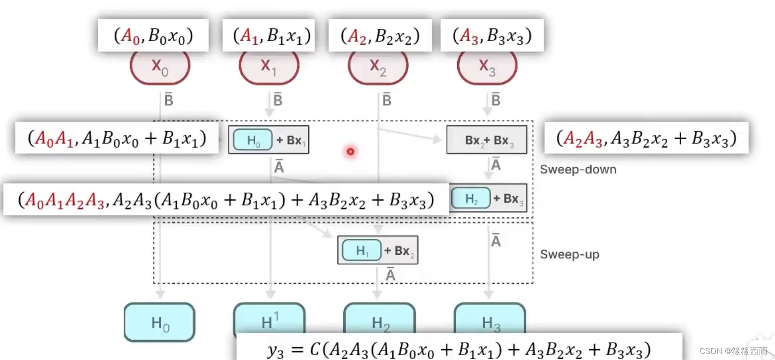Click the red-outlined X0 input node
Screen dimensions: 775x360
pyautogui.click(x=160, y=68)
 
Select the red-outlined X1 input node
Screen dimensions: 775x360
pyautogui.click(x=269, y=68)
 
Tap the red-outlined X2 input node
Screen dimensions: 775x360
pyautogui.click(x=378, y=68)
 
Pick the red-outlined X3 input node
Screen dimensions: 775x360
pyautogui.click(x=487, y=68)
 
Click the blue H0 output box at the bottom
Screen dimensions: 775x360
pyautogui.click(x=159, y=323)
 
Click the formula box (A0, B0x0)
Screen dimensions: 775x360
pyautogui.click(x=152, y=36)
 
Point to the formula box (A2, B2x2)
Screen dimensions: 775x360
pyautogui.click(x=380, y=36)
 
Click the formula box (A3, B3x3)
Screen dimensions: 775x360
pyautogui.click(x=492, y=36)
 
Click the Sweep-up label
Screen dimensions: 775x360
pyautogui.click(x=569, y=255)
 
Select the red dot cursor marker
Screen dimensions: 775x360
pyautogui.click(x=351, y=151)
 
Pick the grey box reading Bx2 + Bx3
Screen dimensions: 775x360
pyautogui.click(x=487, y=141)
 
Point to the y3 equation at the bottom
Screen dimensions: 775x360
pyautogui.click(x=459, y=349)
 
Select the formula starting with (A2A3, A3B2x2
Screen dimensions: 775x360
pyautogui.click(x=645, y=139)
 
